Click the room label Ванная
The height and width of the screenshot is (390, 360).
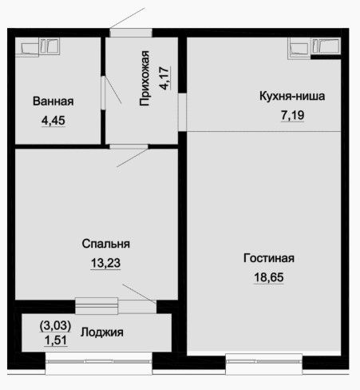pos(53,101)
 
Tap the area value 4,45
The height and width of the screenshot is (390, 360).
pos(53,121)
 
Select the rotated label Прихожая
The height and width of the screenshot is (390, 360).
pos(144,78)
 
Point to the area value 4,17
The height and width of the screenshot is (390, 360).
pos(164,78)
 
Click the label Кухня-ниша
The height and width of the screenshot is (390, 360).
pos(292,96)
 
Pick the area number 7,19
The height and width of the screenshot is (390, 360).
pos(292,115)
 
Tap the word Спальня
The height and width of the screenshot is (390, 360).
pos(106,244)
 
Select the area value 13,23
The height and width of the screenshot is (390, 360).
pos(105,263)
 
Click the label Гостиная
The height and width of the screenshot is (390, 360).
pos(269,258)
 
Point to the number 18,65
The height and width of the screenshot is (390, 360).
pos(269,277)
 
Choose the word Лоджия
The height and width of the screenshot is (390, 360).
pos(102,332)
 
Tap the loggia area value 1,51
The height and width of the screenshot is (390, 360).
pos(56,340)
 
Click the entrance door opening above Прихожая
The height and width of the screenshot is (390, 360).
pos(131,33)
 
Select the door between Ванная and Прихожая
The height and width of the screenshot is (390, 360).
pos(103,93)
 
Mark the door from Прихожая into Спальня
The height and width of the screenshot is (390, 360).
pos(129,146)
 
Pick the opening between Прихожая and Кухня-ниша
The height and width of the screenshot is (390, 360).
pos(182,112)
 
